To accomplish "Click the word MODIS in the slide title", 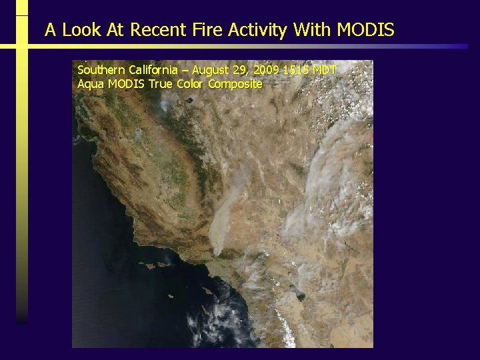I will click(x=366, y=30).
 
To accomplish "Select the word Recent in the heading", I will click(x=155, y=30).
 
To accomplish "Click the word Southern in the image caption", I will click(x=99, y=70).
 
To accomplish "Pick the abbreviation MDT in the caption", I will click(x=325, y=70).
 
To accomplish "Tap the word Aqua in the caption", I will click(x=91, y=84).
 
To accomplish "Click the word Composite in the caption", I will click(x=235, y=84).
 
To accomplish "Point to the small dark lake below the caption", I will click(x=189, y=101).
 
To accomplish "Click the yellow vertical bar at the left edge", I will click(x=22, y=167).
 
